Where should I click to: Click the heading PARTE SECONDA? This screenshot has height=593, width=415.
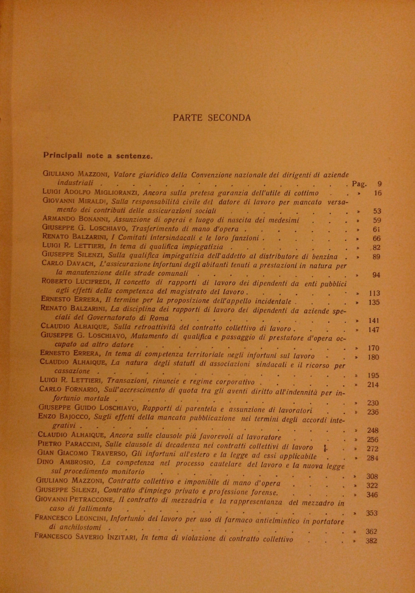pos(212,118)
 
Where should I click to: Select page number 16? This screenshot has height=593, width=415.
pos(377,193)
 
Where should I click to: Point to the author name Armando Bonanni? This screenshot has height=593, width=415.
pos(77,220)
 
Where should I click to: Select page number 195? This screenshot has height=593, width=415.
pos(373,375)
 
